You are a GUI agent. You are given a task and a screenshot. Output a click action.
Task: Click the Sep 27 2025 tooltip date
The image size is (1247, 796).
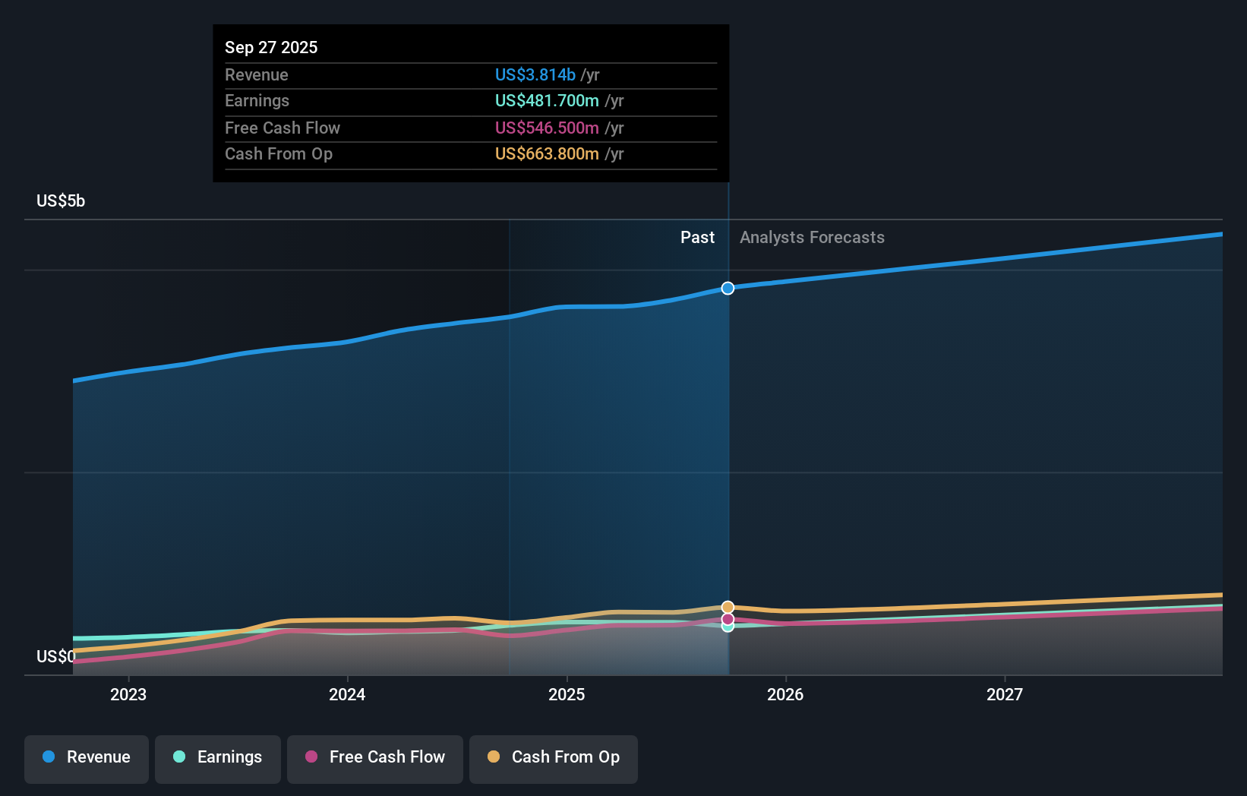click(x=271, y=47)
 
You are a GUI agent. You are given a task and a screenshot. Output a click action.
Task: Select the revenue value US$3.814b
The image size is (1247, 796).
click(x=535, y=74)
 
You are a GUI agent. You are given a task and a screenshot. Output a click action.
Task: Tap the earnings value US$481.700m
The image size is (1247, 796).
click(x=547, y=100)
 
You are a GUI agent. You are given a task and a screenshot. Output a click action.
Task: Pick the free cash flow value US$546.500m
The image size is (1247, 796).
click(x=547, y=128)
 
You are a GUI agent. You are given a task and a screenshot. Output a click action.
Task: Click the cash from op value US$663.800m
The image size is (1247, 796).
click(x=547, y=153)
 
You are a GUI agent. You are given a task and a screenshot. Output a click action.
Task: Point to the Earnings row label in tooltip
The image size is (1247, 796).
click(x=257, y=100)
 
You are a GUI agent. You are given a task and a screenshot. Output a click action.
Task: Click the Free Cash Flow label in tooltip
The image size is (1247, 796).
click(x=282, y=128)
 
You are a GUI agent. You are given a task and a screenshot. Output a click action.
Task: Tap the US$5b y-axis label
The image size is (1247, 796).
click(x=61, y=201)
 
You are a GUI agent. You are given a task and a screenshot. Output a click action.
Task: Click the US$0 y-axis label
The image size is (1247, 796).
click(x=55, y=656)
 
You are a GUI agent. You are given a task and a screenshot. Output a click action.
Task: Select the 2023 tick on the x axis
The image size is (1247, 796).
click(x=128, y=694)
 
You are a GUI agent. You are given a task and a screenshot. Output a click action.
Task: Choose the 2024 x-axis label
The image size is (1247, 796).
click(x=347, y=694)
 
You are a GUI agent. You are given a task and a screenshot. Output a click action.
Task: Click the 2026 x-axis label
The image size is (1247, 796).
click(x=785, y=694)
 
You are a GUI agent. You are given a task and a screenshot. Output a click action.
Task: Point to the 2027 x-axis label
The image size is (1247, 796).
click(x=1004, y=694)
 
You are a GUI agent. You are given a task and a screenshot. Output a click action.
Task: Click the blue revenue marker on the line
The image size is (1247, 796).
click(x=728, y=288)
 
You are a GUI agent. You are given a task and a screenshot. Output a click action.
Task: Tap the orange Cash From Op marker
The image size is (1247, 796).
click(x=728, y=607)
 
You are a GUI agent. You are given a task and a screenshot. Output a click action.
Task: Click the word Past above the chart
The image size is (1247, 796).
click(x=697, y=237)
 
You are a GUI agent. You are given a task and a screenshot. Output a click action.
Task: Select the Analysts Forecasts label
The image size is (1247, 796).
click(x=812, y=237)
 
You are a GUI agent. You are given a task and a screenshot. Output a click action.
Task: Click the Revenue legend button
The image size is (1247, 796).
click(x=87, y=758)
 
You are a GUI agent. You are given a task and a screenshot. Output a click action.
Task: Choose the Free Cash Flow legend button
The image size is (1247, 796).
click(x=375, y=758)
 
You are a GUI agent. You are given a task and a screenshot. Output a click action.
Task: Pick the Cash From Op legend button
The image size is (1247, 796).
click(x=554, y=758)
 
